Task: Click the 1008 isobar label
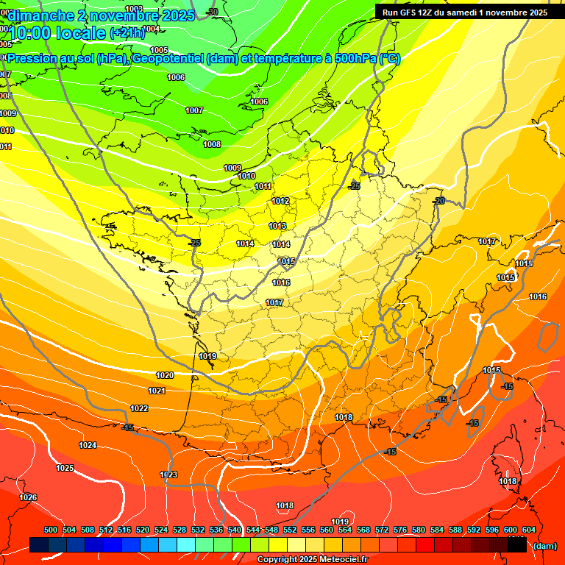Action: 212,144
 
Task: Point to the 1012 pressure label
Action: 280,201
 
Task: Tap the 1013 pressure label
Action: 277,226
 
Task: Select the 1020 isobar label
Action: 165,375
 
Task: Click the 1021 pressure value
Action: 157,391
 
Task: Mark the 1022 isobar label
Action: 139,408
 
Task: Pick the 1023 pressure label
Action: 168,475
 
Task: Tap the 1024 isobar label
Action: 88,445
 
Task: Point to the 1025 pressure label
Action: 65,468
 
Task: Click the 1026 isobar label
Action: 28,497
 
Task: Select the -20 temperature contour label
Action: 439,201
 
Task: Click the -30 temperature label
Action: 213,12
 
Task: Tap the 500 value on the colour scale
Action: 51,530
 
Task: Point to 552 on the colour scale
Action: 290,530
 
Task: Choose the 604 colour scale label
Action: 529,530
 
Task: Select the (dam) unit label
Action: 544,545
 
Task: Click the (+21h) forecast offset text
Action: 127,32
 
